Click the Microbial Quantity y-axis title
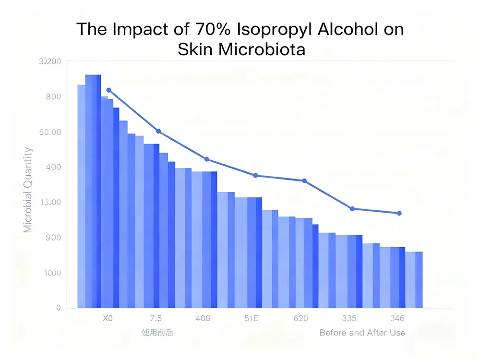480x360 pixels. [x=28, y=190]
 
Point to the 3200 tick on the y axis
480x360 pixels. [x=50, y=61]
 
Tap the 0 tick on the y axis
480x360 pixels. [x=58, y=308]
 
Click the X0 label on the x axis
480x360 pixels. [x=108, y=318]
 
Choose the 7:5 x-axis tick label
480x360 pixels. [x=156, y=318]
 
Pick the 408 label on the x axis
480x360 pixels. [x=203, y=318]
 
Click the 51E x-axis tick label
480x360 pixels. [x=252, y=318]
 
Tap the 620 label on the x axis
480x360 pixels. [x=300, y=318]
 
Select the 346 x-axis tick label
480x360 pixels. [x=397, y=318]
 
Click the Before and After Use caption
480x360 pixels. [x=362, y=333]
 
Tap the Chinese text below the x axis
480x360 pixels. [x=157, y=333]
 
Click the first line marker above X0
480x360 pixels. [x=109, y=90]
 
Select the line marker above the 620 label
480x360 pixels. [x=304, y=180]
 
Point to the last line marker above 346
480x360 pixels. [x=399, y=213]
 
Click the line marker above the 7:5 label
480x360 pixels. [x=158, y=132]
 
